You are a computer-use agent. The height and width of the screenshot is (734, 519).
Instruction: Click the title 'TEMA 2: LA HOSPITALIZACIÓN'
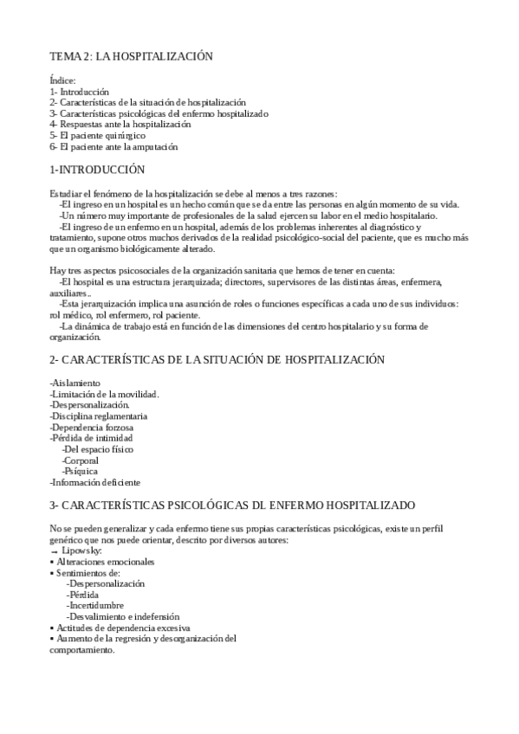click(x=131, y=56)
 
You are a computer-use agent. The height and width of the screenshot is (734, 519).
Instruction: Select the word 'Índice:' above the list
click(x=63, y=80)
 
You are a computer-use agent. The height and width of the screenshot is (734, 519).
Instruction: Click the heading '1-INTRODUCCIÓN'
click(x=97, y=170)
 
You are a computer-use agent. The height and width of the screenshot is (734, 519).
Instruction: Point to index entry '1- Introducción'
click(x=80, y=91)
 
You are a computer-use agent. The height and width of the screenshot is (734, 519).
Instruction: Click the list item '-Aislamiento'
click(x=75, y=383)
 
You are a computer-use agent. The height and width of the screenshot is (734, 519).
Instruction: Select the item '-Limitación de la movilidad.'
click(x=105, y=394)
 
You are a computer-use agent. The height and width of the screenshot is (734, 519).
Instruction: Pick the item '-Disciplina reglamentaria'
click(x=99, y=416)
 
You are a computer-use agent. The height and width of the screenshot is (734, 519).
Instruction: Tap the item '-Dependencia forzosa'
click(x=92, y=428)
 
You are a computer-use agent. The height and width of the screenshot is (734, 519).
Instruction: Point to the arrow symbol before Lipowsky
click(x=55, y=551)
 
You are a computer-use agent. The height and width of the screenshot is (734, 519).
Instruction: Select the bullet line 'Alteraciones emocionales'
click(x=105, y=562)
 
